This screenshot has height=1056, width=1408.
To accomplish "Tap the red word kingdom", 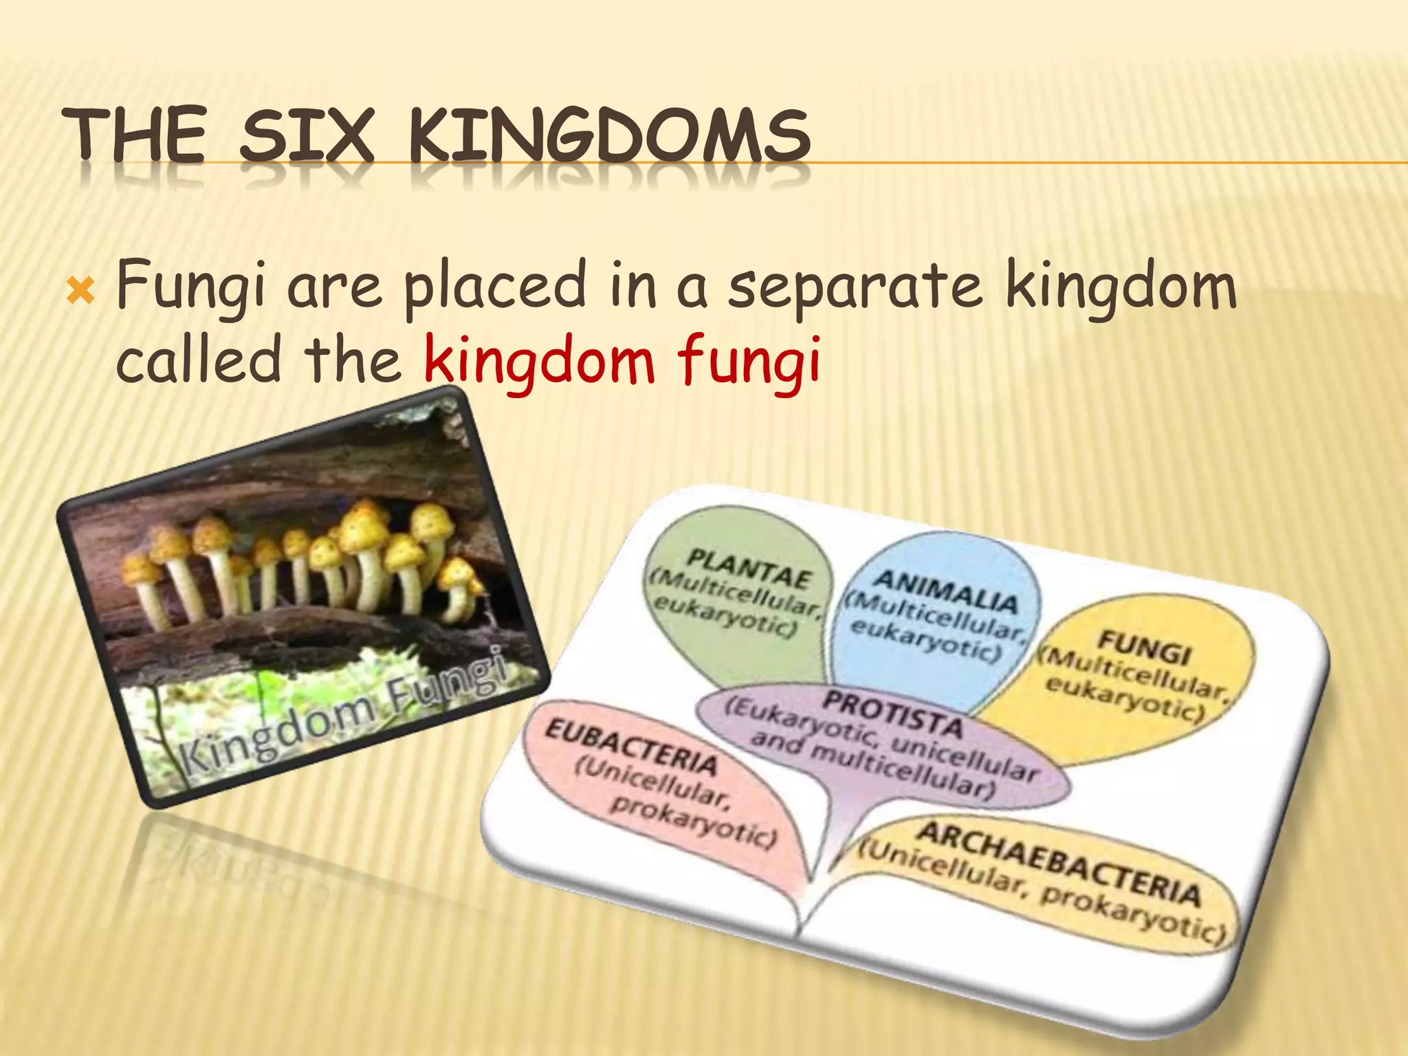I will (x=539, y=361).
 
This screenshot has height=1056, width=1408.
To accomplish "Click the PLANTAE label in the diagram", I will (x=750, y=568).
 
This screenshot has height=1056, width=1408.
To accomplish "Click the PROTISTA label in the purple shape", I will (x=893, y=712).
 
